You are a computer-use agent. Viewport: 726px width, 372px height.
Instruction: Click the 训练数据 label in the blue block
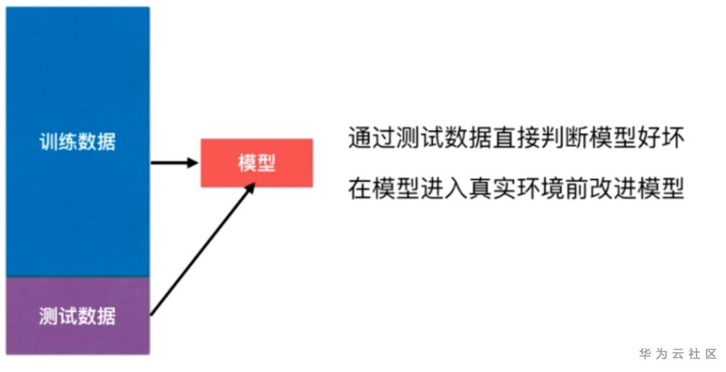(77, 142)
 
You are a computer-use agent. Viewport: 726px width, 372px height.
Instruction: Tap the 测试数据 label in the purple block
(77, 315)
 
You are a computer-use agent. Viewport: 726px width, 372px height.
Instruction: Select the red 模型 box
(257, 163)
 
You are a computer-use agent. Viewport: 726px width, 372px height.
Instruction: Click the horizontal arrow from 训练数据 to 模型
(173, 163)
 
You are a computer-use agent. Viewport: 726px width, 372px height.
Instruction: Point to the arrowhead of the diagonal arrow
(251, 186)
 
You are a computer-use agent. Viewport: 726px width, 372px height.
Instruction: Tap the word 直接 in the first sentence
(513, 138)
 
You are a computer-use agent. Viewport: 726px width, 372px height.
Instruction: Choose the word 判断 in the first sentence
(561, 138)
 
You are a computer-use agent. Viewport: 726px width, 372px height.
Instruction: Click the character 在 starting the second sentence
(359, 188)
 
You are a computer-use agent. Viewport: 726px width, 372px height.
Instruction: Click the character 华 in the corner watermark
(645, 354)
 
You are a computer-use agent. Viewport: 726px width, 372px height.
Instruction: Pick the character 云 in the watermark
(678, 354)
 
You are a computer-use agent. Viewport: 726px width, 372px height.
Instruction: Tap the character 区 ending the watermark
(711, 354)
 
